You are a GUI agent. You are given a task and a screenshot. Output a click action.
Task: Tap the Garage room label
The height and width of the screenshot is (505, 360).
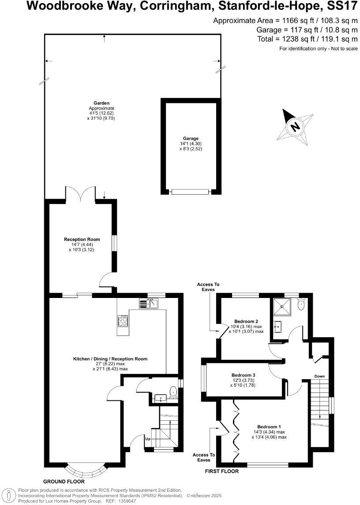(191, 138)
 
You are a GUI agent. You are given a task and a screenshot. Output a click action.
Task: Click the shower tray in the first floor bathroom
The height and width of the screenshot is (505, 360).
(280, 305)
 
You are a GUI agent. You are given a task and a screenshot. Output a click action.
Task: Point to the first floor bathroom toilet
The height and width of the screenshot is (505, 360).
(301, 304)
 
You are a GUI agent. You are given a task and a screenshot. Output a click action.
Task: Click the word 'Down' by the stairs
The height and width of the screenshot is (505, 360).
(320, 377)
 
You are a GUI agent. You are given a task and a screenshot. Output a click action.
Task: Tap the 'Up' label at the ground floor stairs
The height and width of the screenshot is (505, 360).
(148, 439)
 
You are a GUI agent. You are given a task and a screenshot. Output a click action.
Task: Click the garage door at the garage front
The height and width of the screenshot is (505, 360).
(191, 192)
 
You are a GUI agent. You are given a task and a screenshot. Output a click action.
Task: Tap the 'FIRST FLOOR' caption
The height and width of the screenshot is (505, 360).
(222, 471)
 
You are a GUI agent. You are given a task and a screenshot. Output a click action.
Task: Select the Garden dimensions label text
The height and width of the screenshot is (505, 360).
(101, 116)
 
